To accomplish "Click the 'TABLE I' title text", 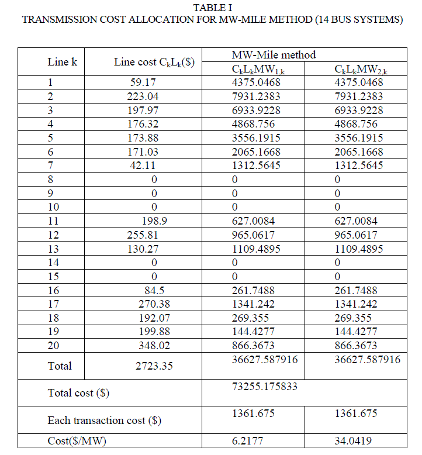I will click(212, 7).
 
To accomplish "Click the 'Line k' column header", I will click(63, 62).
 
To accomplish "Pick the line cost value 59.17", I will click(144, 82).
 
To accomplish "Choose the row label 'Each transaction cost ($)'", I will click(105, 420).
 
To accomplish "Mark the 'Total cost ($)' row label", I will click(78, 393).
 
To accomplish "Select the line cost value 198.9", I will click(147, 221).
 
